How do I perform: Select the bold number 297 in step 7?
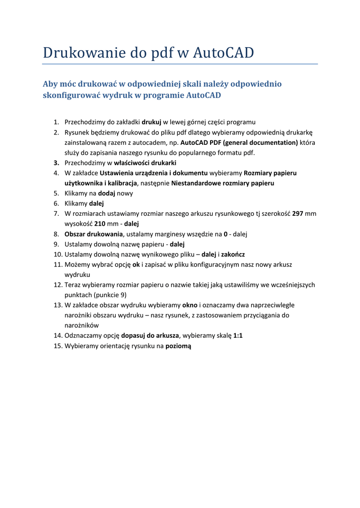pyautogui.click(x=297, y=213)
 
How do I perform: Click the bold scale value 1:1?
pyautogui.click(x=238, y=335)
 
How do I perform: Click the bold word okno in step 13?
pyautogui.click(x=190, y=305)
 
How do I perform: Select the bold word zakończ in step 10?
pyautogui.click(x=232, y=254)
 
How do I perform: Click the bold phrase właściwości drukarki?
pyautogui.click(x=145, y=163)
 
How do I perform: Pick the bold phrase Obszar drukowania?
pyautogui.click(x=93, y=234)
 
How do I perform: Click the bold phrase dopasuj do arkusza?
pyautogui.click(x=149, y=335)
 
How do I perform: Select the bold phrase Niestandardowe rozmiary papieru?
pyautogui.click(x=222, y=183)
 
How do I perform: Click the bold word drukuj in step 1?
pyautogui.click(x=151, y=122)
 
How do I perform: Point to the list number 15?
pyautogui.click(x=57, y=346)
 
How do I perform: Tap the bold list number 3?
pyautogui.click(x=57, y=163)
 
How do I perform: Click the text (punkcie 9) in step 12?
pyautogui.click(x=95, y=295)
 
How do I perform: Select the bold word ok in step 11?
pyautogui.click(x=136, y=264)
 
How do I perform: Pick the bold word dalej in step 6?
pyautogui.click(x=96, y=203)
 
